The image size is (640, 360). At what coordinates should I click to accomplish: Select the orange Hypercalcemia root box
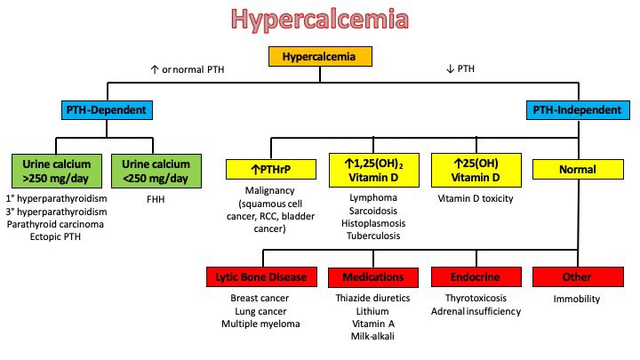pyautogui.click(x=318, y=57)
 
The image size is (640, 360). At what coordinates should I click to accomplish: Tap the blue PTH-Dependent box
pyautogui.click(x=107, y=110)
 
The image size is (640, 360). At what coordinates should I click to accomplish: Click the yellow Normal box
pyautogui.click(x=576, y=167)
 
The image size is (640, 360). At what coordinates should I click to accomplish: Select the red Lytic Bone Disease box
pyautogui.click(x=262, y=276)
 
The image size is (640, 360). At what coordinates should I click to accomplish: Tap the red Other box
pyautogui.click(x=577, y=276)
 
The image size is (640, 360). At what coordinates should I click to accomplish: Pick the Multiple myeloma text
pyautogui.click(x=262, y=324)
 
